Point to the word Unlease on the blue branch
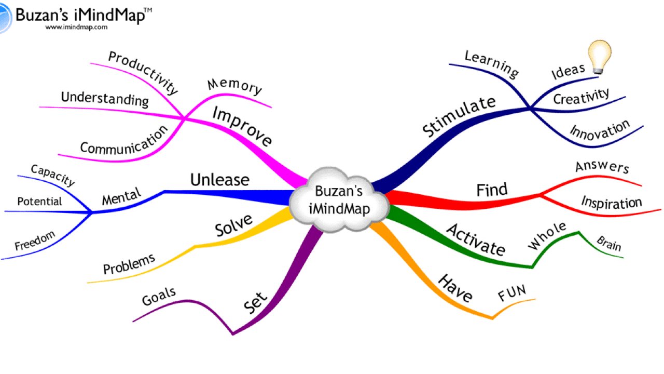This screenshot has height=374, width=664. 219,180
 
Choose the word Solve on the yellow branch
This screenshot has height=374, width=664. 233,224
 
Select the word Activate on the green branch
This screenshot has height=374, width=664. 476,239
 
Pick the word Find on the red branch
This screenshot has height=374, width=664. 492,190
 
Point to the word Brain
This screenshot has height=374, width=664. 608,244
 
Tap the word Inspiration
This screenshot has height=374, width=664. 611,202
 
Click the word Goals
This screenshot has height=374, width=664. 159,297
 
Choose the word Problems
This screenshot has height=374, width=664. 129,264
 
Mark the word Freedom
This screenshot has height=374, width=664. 34,242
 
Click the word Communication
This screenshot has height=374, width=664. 124,140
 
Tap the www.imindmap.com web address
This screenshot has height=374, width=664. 76,27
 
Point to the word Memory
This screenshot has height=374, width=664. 234,86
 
